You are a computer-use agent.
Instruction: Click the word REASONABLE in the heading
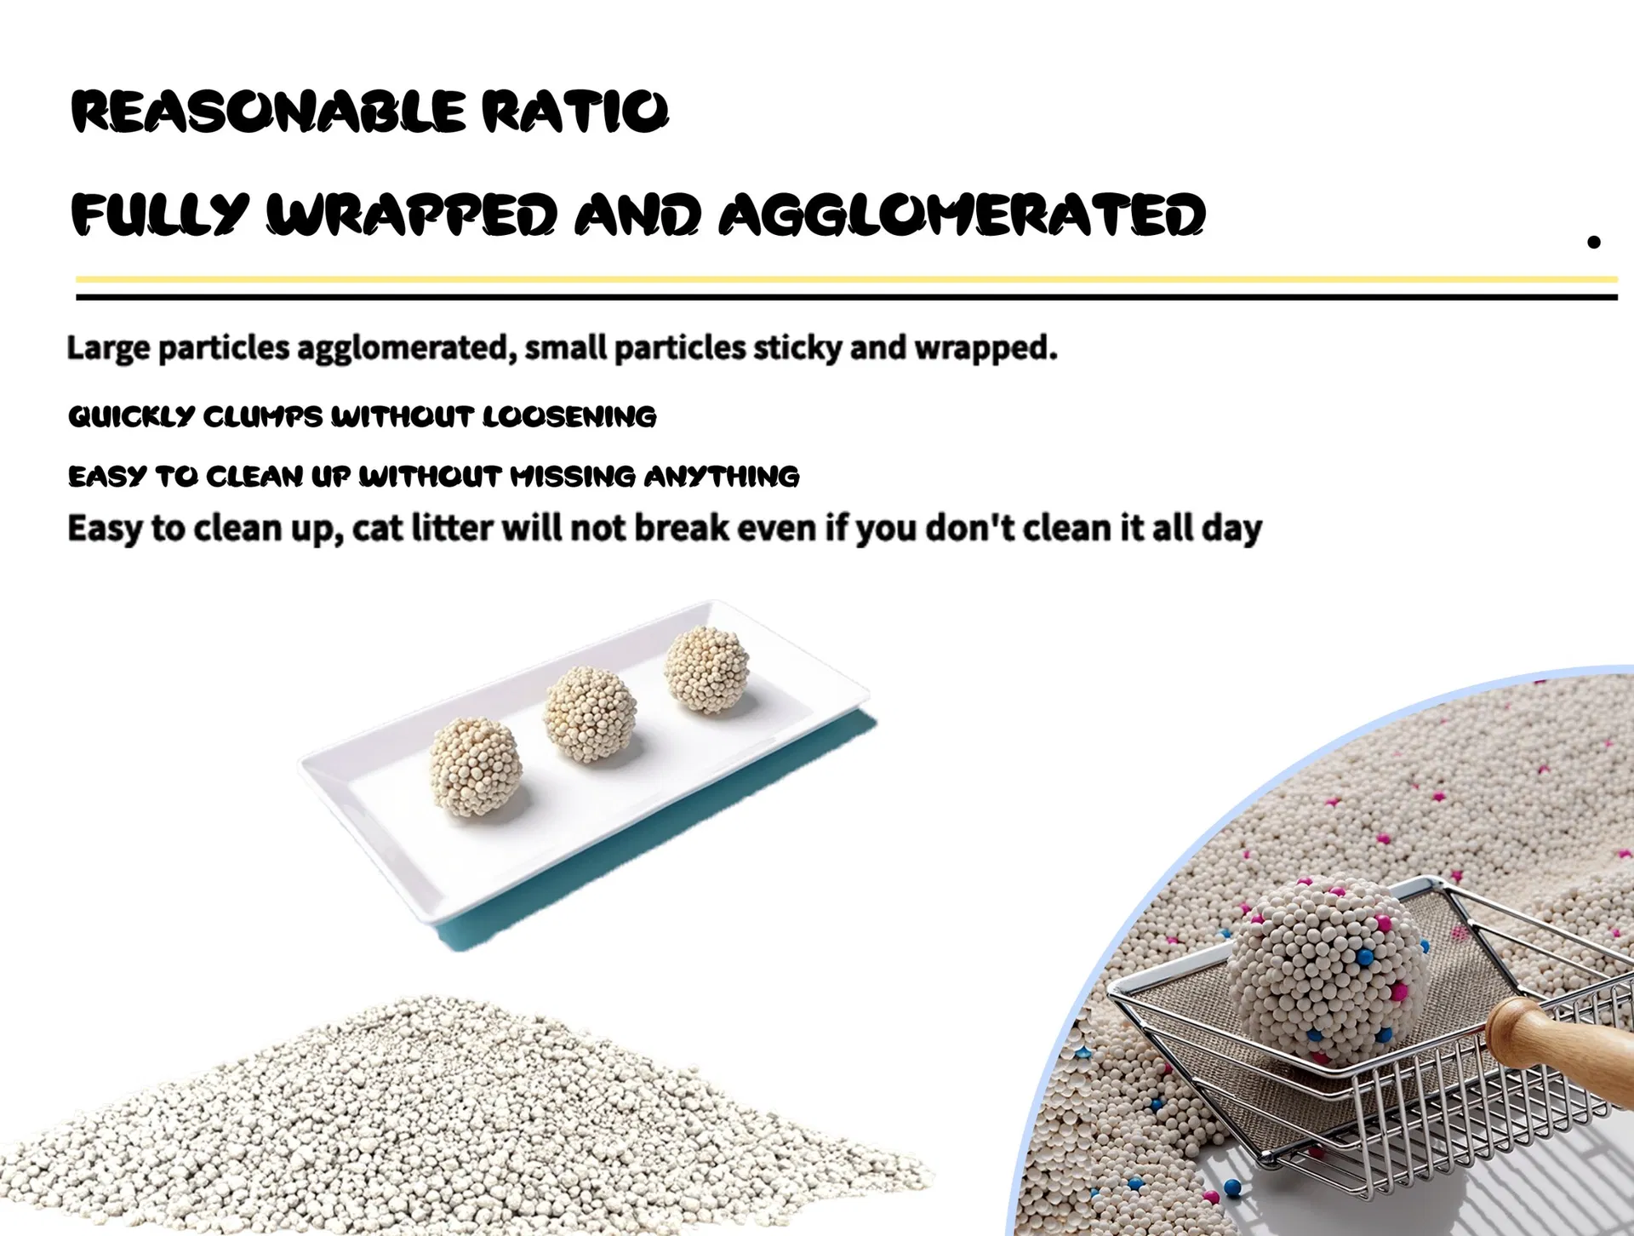[268, 112]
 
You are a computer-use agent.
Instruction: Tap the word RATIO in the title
[574, 112]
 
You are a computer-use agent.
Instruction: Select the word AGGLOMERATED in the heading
[962, 214]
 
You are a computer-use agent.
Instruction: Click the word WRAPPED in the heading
[412, 214]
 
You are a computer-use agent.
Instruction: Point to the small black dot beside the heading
[1594, 242]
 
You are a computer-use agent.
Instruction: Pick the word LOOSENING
[569, 416]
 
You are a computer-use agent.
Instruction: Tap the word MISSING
[572, 476]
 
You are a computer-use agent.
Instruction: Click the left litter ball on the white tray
[475, 765]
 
